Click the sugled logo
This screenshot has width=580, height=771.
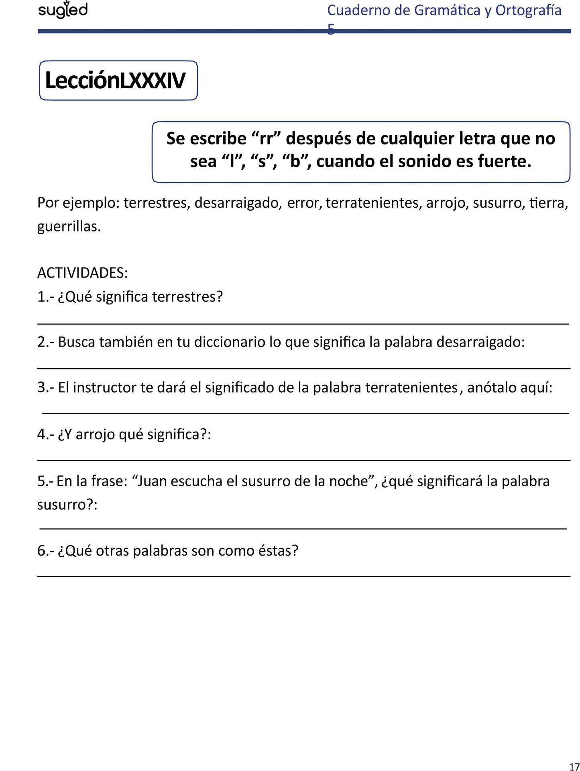(x=63, y=10)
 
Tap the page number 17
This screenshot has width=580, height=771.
(x=574, y=767)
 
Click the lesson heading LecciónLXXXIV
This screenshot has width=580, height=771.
(x=115, y=80)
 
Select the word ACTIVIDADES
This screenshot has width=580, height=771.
(x=82, y=273)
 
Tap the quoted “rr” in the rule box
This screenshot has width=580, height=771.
(x=266, y=138)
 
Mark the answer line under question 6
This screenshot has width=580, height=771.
(x=303, y=576)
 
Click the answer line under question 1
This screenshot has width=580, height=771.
(x=303, y=323)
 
